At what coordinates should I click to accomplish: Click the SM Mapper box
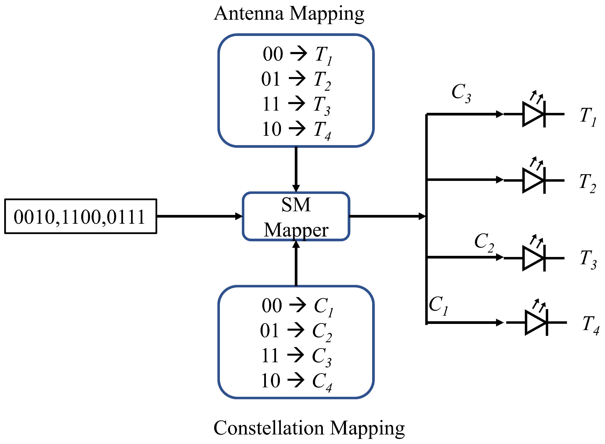pyautogui.click(x=296, y=216)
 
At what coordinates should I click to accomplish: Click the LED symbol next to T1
pyautogui.click(x=533, y=114)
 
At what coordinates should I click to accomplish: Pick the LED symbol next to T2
pyautogui.click(x=533, y=180)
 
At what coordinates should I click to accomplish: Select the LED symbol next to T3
pyautogui.click(x=533, y=258)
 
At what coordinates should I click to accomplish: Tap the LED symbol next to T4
pyautogui.click(x=536, y=323)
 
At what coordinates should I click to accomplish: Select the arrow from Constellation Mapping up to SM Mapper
pyautogui.click(x=296, y=263)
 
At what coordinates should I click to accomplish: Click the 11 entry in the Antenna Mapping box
pyautogui.click(x=271, y=104)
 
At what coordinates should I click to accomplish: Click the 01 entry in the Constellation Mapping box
pyautogui.click(x=269, y=331)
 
